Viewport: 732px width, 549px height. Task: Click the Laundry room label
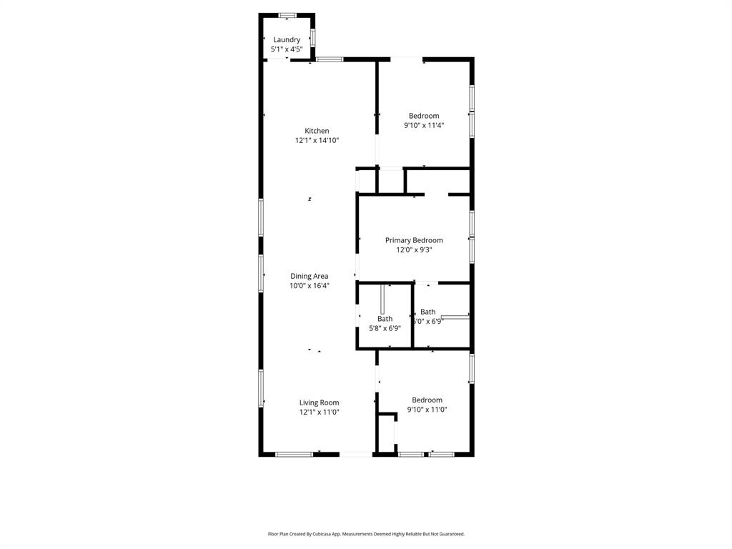pyautogui.click(x=287, y=40)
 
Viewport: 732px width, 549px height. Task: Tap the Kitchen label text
pyautogui.click(x=317, y=131)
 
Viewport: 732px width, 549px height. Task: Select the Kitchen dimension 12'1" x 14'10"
pyautogui.click(x=317, y=141)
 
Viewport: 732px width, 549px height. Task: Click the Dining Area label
pyautogui.click(x=309, y=276)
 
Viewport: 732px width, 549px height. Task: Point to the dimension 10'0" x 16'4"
pyautogui.click(x=309, y=286)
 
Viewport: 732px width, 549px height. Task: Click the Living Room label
pyautogui.click(x=319, y=402)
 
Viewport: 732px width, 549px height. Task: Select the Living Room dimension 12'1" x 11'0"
pyautogui.click(x=319, y=412)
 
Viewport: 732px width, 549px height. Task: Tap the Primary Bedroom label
pyautogui.click(x=414, y=240)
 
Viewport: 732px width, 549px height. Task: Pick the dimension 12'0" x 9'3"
pyautogui.click(x=414, y=250)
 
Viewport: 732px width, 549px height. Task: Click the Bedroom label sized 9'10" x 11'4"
pyautogui.click(x=424, y=116)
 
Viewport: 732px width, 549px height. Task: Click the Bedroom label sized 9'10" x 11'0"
pyautogui.click(x=427, y=400)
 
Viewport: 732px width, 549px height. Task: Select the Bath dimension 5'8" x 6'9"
pyautogui.click(x=385, y=328)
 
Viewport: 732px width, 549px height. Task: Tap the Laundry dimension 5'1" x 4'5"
pyautogui.click(x=287, y=49)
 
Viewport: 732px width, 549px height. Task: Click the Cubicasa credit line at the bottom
pyautogui.click(x=366, y=534)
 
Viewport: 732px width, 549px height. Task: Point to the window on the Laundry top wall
pyautogui.click(x=287, y=14)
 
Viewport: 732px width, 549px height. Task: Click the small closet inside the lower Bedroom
pyautogui.click(x=387, y=433)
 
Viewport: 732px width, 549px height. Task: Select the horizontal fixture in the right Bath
pyautogui.click(x=455, y=315)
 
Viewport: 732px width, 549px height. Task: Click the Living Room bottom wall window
pyautogui.click(x=294, y=454)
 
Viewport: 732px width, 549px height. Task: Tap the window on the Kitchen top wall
pyautogui.click(x=330, y=59)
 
